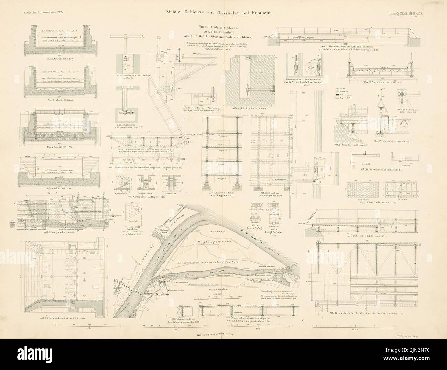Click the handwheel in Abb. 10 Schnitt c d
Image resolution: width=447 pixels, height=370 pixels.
(x=246, y=92)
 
